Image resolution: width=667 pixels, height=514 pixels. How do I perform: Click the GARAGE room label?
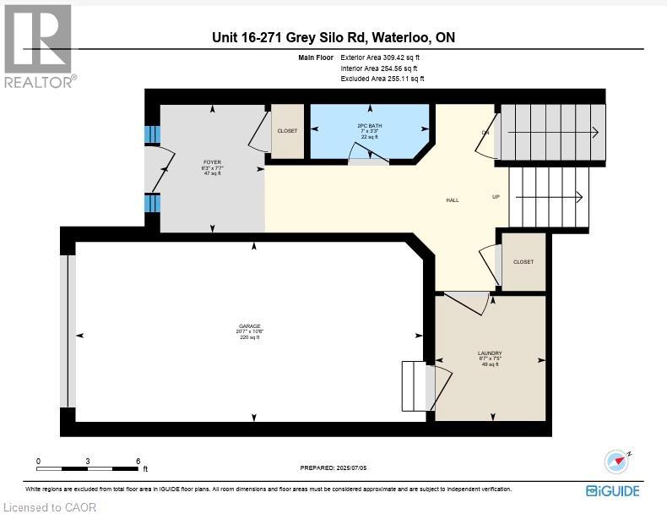pos(249,325)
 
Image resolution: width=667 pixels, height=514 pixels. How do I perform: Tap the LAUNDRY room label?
pos(490,353)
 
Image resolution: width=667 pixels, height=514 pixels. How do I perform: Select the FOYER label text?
pos(212,161)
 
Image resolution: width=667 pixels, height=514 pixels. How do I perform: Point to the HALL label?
pos(453,200)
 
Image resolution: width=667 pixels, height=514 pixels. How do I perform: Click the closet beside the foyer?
pos(287,131)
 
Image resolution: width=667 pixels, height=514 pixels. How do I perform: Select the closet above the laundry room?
pos(523,262)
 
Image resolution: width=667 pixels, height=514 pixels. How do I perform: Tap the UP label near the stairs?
pos(496,197)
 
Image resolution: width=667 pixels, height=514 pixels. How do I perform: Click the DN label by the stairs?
pos(485,133)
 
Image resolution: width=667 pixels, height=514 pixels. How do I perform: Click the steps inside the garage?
pos(416,384)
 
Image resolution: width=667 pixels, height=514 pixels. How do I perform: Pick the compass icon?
pos(618,462)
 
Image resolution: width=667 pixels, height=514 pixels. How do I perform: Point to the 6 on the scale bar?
pos(138,461)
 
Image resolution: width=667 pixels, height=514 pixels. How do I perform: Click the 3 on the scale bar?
pos(88,461)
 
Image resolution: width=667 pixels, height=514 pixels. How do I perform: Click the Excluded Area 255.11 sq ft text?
pos(382,78)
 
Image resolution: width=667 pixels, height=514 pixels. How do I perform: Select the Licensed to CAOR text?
pos(49,507)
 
